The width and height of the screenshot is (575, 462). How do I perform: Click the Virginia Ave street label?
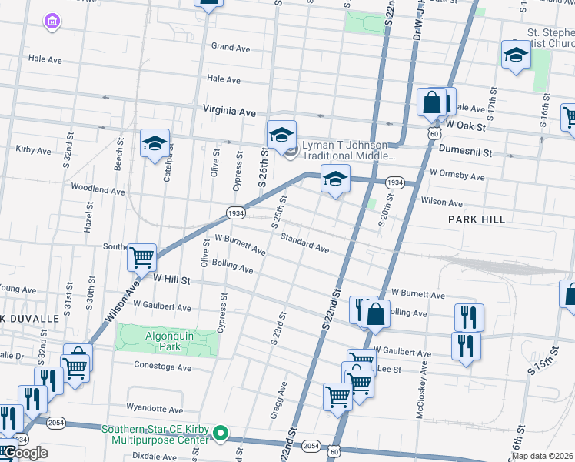[229, 112]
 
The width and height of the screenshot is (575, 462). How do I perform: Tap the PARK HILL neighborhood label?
[477, 219]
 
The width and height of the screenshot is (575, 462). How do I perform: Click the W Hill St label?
[171, 281]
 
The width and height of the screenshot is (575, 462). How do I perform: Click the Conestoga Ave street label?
[162, 367]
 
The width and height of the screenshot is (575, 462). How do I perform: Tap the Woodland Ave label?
[97, 189]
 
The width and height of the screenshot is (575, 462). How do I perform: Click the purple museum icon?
[52, 21]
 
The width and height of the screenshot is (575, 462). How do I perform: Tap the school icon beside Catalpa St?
[155, 143]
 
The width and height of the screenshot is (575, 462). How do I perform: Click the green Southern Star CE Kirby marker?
[220, 434]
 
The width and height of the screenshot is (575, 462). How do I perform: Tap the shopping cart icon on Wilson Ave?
[141, 257]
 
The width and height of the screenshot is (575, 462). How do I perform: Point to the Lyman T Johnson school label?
[348, 149]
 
